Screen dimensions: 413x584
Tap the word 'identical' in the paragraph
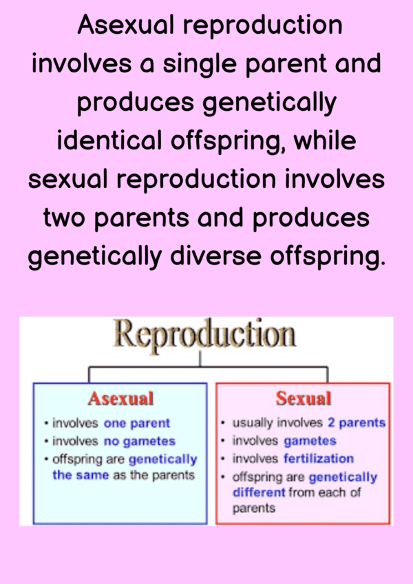coord(110,141)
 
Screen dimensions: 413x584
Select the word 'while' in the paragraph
coord(325,141)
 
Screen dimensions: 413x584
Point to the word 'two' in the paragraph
coord(65,218)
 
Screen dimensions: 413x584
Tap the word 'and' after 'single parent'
coord(358,63)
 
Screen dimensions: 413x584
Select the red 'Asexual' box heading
coord(120,398)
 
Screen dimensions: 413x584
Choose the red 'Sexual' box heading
coord(303,398)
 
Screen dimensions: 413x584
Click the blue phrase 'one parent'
coord(137,424)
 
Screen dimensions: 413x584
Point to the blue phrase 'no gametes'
coord(140,441)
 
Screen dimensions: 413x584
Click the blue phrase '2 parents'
coord(357,423)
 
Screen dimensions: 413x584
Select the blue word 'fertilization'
coord(319,459)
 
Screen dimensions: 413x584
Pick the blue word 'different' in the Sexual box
coord(259,492)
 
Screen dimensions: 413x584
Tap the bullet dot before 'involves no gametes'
coord(46,441)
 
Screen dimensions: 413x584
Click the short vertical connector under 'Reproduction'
coord(200,359)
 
